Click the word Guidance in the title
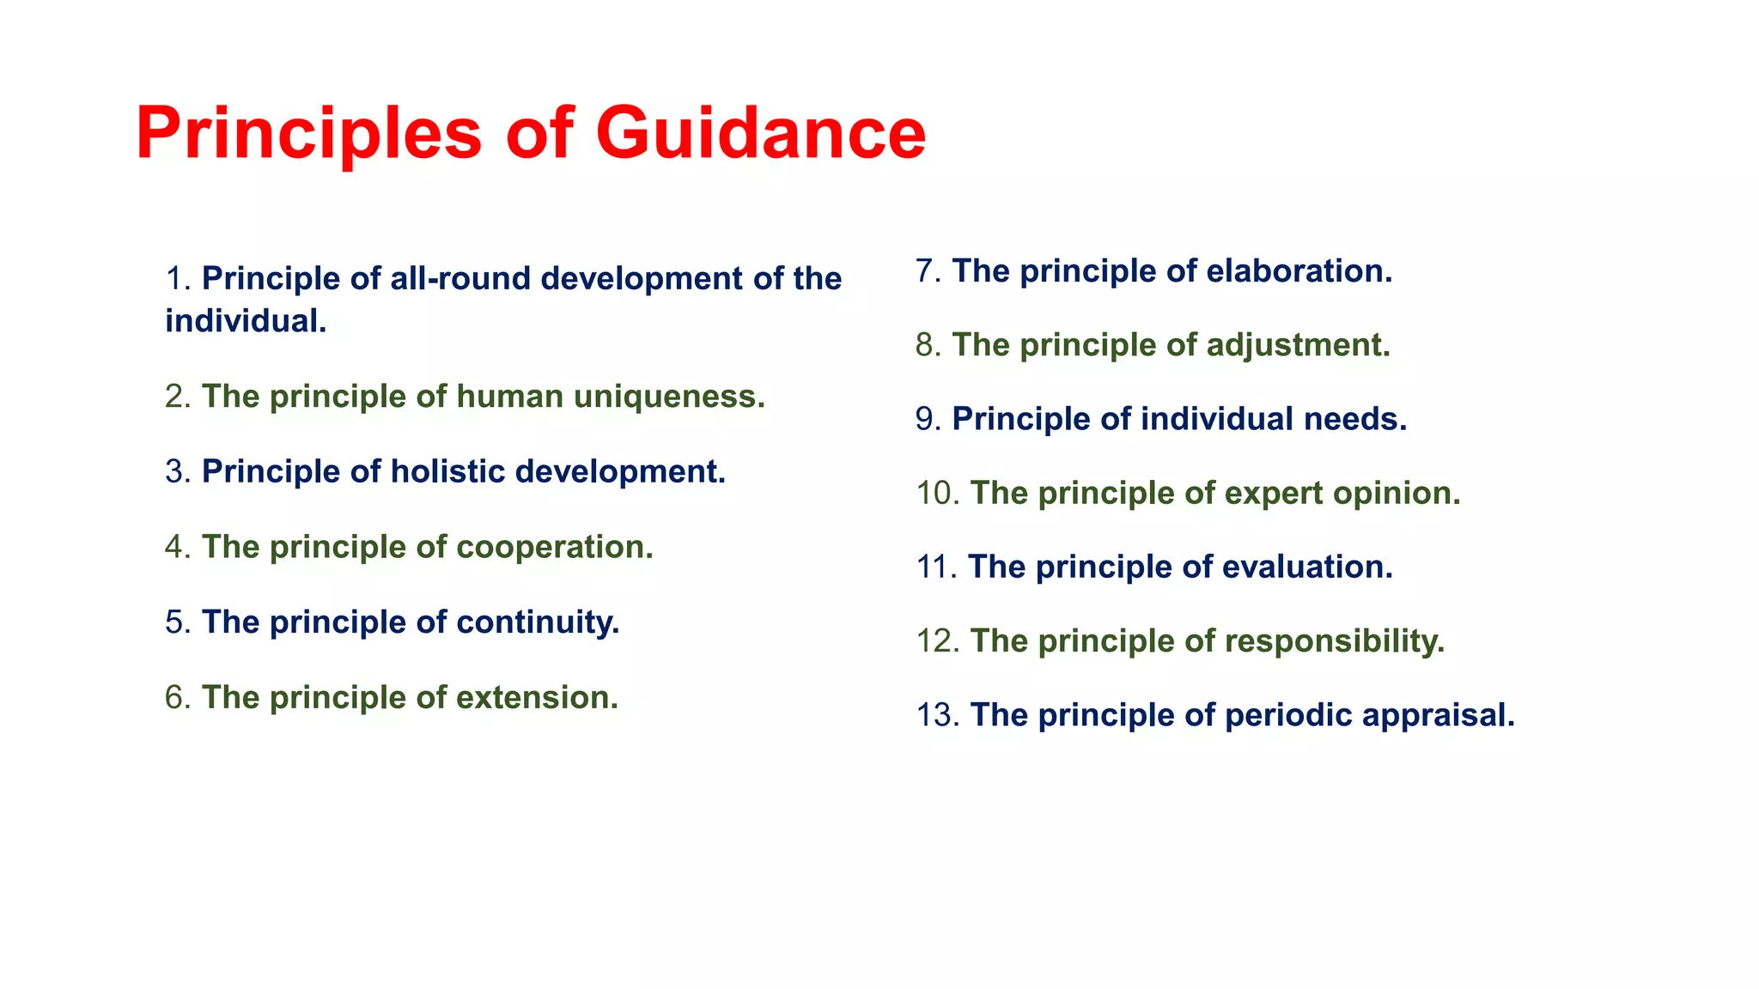pyautogui.click(x=760, y=133)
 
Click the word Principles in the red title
pyautogui.click(x=309, y=135)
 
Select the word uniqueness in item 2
pyautogui.click(x=669, y=397)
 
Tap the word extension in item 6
pyautogui.click(x=537, y=698)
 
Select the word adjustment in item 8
pyautogui.click(x=1298, y=345)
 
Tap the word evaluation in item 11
pyautogui.click(x=1306, y=567)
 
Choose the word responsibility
pyautogui.click(x=1335, y=641)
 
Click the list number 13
pyautogui.click(x=936, y=715)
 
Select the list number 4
pyautogui.click(x=176, y=548)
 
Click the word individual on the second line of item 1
pyautogui.click(x=246, y=321)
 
